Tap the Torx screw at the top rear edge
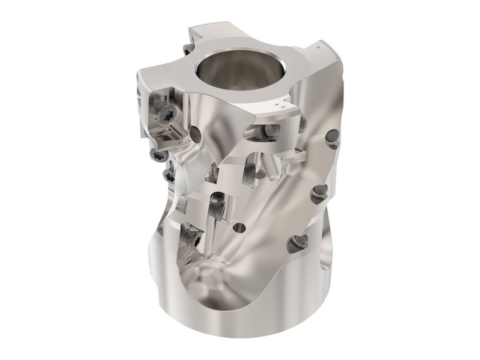tap(187, 50)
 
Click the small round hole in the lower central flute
tap(240, 228)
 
